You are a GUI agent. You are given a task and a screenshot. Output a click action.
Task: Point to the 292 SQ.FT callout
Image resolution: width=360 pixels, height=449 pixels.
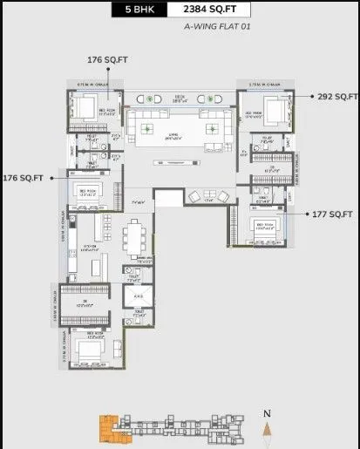click(x=336, y=96)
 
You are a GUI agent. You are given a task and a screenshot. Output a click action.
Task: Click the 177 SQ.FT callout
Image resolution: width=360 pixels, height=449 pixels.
click(x=333, y=214)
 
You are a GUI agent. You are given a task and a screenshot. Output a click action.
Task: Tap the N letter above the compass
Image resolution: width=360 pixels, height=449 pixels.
click(x=268, y=413)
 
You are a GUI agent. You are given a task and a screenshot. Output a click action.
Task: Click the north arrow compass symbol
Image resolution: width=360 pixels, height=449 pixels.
click(x=268, y=428)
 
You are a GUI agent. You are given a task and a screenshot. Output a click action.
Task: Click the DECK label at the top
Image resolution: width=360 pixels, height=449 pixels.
click(x=179, y=99)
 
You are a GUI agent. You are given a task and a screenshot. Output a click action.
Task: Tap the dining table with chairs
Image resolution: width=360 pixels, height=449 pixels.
click(x=136, y=237)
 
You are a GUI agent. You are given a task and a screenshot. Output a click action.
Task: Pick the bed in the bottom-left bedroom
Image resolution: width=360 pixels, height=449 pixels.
click(x=90, y=350)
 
